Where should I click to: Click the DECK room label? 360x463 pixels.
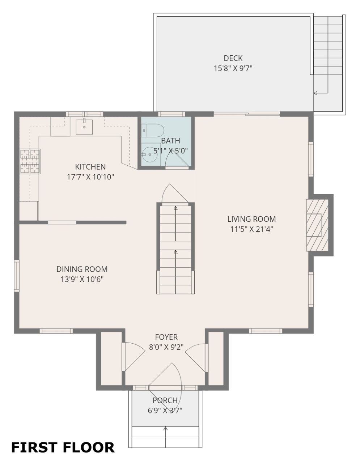pos(233,58)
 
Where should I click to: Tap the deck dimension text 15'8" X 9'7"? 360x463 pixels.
pos(233,68)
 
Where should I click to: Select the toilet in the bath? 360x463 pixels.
pos(153,130)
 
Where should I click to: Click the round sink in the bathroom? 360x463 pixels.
pos(150,154)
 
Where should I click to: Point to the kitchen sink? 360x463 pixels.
pos(84,127)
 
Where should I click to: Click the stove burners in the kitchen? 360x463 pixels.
pos(30,161)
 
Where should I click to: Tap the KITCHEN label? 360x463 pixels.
pos(90,167)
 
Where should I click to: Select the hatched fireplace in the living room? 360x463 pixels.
pos(317,225)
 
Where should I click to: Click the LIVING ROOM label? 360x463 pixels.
pos(251,219)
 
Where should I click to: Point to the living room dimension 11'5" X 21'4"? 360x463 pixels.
pos(251,229)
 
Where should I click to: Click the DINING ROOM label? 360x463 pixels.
pos(82,269)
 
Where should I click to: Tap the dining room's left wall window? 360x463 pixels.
pos(17,275)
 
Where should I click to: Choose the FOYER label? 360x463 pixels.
pos(166,337)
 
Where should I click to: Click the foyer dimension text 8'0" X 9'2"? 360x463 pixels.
pos(166,347)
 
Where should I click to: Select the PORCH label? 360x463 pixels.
pos(165,400)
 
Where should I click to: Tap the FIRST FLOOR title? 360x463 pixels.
pos(63,447)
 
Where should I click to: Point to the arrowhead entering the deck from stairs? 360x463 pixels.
pos(315,93)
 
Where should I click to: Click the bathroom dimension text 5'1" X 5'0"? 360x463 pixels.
pos(170,151)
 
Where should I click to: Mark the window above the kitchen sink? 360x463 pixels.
pos(85,114)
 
